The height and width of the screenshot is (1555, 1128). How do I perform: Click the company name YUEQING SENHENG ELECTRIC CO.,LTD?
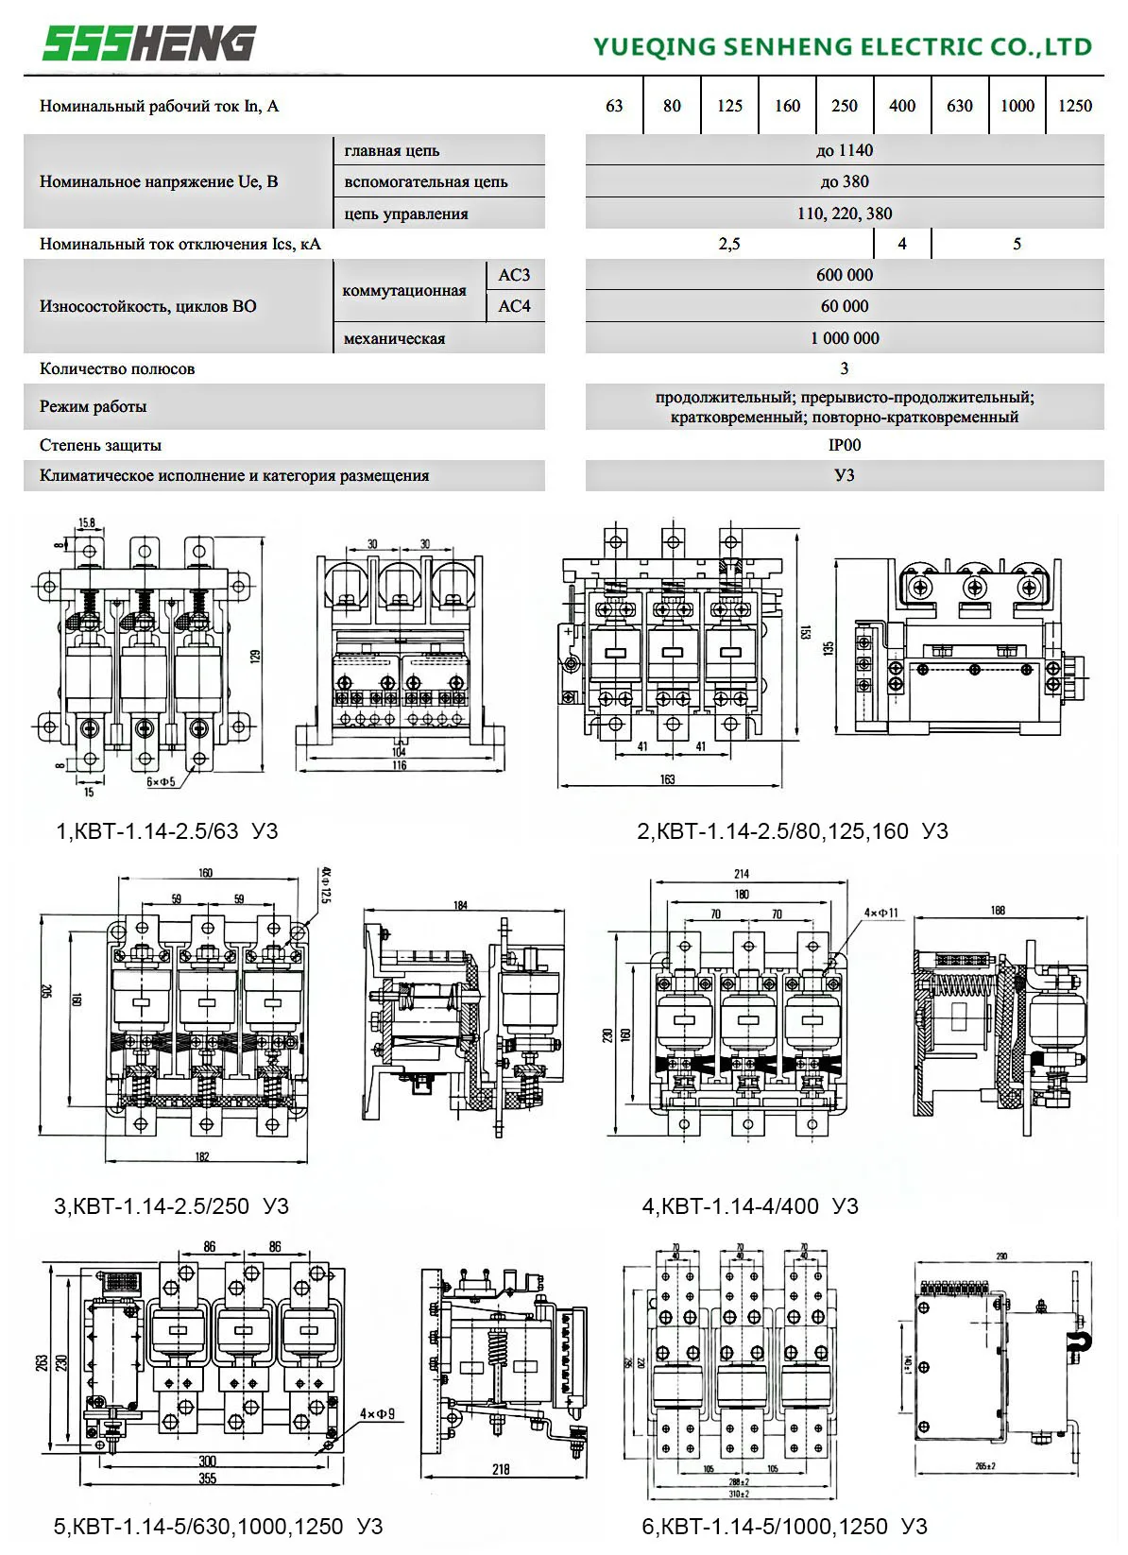tap(842, 46)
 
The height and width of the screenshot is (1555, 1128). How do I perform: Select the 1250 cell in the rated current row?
tap(1074, 106)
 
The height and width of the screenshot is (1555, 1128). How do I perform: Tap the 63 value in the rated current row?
tap(614, 106)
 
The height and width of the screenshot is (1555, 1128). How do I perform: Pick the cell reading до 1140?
tap(844, 150)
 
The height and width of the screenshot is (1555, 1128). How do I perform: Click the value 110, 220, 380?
tap(844, 214)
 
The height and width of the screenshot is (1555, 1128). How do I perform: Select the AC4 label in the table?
tap(514, 306)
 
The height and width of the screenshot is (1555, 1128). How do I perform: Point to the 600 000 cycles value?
tap(844, 275)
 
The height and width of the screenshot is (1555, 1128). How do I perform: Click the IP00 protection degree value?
tap(844, 445)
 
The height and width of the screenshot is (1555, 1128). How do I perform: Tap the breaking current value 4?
tap(901, 244)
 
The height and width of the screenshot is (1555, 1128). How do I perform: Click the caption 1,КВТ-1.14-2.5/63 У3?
tap(167, 831)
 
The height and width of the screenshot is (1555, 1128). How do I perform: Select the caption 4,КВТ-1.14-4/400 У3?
tap(750, 1206)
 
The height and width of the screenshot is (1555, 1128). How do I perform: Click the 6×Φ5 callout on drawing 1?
tap(161, 782)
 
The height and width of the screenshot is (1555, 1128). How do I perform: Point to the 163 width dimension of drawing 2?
tap(667, 780)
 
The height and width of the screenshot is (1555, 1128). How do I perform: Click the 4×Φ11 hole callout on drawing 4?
tap(880, 914)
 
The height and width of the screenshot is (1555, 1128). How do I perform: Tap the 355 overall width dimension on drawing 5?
tap(207, 1478)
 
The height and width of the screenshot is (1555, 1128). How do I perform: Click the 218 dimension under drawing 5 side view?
tap(501, 1469)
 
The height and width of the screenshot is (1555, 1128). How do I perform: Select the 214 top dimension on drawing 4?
tap(742, 875)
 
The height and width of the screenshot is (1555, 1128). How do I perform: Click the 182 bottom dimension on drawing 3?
tap(201, 1157)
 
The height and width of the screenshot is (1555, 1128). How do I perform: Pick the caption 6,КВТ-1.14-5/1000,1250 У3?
tap(784, 1527)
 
